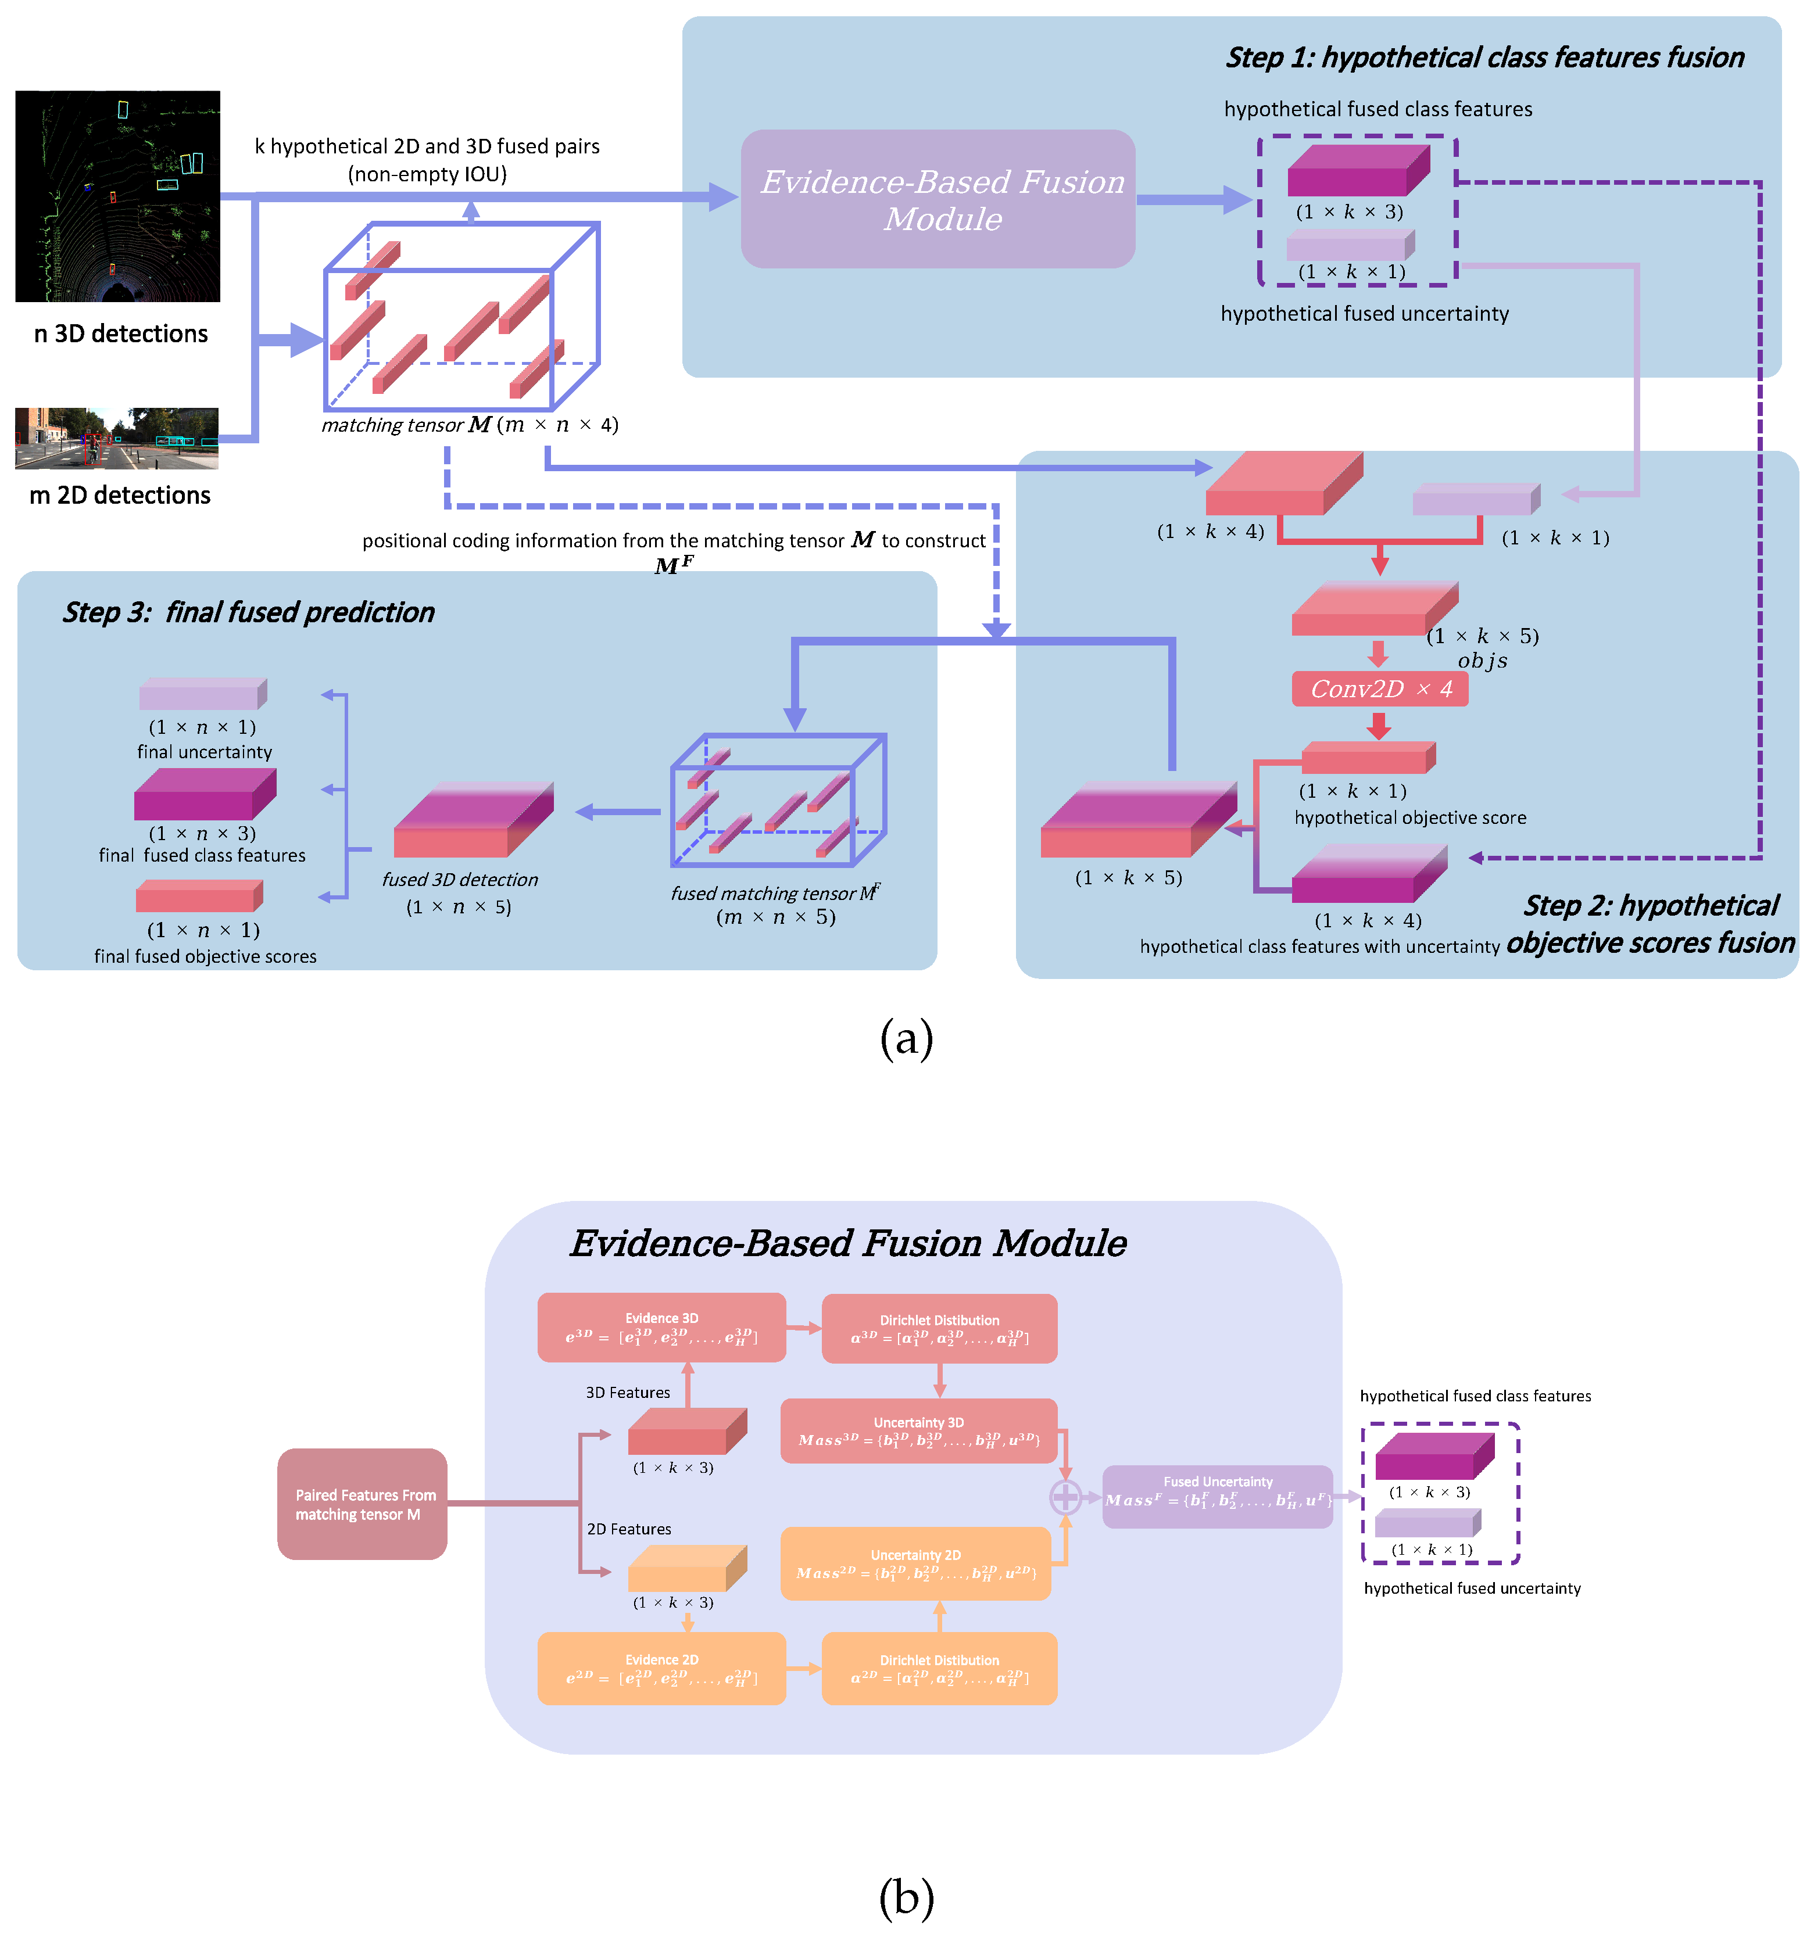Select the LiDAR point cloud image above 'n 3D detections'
click(x=117, y=196)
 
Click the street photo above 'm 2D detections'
click(x=117, y=439)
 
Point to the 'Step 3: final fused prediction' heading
click(x=248, y=612)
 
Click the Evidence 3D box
click(x=661, y=1327)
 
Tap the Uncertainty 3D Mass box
click(x=918, y=1431)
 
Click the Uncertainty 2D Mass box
click(x=915, y=1563)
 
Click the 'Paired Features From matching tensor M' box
click(x=362, y=1504)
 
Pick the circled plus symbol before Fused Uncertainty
click(x=1065, y=1497)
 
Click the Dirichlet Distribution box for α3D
click(x=939, y=1328)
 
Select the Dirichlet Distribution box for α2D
click(x=939, y=1669)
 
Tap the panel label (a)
click(x=906, y=1038)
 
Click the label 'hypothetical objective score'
click(x=1409, y=817)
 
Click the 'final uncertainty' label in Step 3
click(x=204, y=752)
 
